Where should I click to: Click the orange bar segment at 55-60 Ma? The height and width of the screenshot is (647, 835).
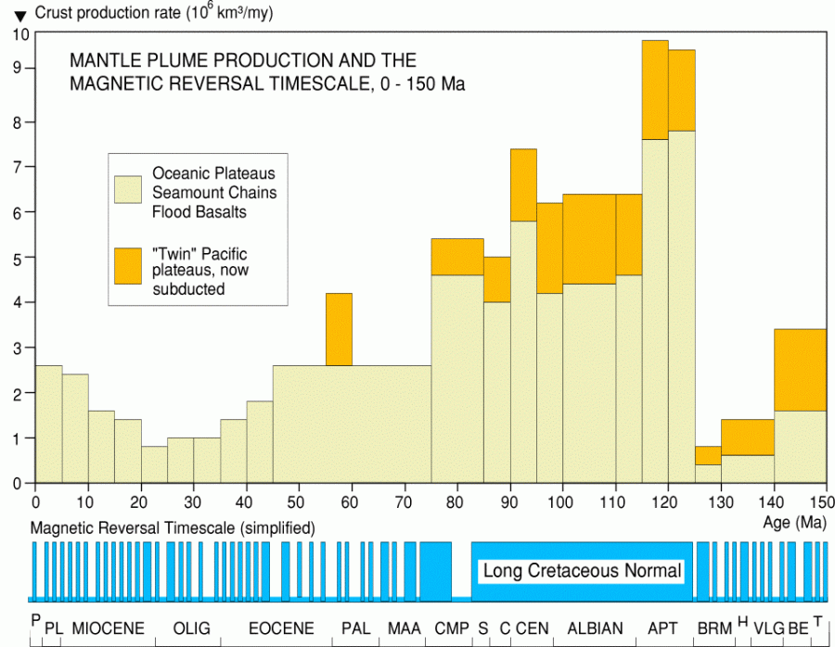[x=339, y=329]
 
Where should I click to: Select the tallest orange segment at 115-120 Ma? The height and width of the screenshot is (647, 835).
[x=655, y=90]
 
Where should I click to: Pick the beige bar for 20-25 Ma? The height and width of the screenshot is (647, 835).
[x=154, y=464]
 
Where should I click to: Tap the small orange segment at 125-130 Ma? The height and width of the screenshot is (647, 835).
[x=708, y=455]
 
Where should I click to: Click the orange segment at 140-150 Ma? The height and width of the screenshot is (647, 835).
[x=800, y=370]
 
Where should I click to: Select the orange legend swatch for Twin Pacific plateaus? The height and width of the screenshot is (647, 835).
[x=128, y=265]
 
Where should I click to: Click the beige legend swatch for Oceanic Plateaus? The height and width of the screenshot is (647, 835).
[x=128, y=189]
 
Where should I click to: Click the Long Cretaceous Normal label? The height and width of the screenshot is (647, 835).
[x=583, y=571]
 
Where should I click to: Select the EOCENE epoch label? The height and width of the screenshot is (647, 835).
[x=281, y=628]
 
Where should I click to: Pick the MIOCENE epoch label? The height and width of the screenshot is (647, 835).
[x=108, y=628]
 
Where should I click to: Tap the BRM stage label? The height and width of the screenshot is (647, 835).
[x=714, y=628]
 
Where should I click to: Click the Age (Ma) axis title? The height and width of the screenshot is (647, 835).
[x=790, y=523]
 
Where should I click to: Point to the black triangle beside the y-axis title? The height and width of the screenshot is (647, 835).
[x=19, y=15]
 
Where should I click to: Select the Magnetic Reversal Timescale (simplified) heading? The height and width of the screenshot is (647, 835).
[x=173, y=527]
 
